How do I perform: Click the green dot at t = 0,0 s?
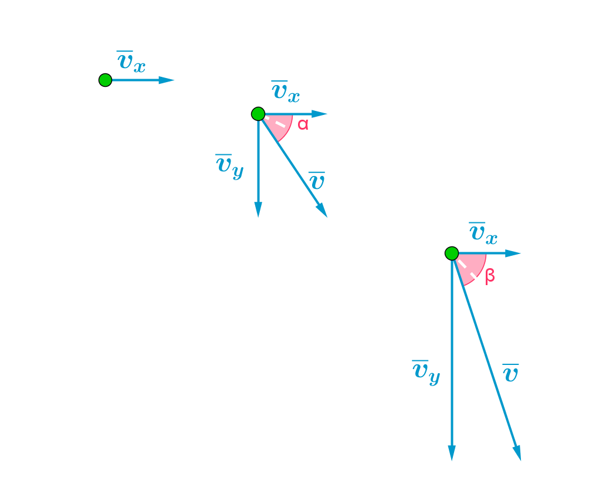105,80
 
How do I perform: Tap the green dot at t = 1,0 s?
258,114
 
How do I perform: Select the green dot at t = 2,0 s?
451,253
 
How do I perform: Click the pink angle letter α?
303,124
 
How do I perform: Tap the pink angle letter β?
490,275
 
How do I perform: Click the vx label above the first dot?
131,62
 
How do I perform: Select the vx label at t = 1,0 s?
286,92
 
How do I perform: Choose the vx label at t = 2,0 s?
483,234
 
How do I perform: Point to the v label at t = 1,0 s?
317,181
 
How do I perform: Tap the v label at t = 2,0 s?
510,373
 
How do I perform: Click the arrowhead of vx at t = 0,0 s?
169,80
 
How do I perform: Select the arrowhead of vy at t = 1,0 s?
258,211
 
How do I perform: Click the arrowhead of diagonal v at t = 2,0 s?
517,454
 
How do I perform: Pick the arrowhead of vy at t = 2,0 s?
452,454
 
